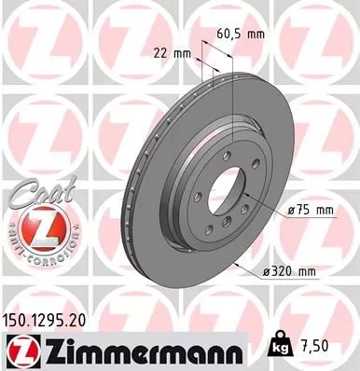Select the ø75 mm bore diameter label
coord(311,211)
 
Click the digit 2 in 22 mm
coord(154,53)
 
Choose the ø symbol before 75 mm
coord(292,211)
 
